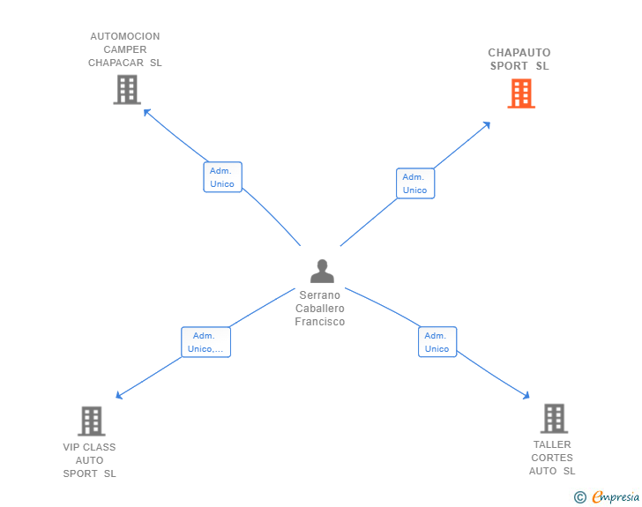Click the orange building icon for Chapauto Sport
(x=521, y=93)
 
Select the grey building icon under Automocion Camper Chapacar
(x=127, y=89)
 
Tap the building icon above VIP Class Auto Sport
(x=92, y=421)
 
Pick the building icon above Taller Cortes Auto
(x=554, y=419)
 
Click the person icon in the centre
(x=322, y=271)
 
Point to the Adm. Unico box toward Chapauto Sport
(x=415, y=183)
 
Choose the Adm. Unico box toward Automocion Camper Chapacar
(x=223, y=177)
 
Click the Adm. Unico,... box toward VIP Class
(x=206, y=342)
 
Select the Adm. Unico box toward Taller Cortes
(x=437, y=342)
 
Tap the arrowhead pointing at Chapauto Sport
(x=487, y=124)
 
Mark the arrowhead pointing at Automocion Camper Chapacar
(x=146, y=112)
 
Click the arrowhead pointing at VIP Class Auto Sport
(x=119, y=395)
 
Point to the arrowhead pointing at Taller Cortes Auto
(x=526, y=396)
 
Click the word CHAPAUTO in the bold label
(x=519, y=53)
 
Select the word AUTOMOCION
(x=125, y=36)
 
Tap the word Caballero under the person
(x=320, y=309)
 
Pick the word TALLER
(x=552, y=444)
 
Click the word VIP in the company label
(x=70, y=447)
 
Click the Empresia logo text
(x=616, y=497)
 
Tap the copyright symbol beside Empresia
(x=579, y=497)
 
